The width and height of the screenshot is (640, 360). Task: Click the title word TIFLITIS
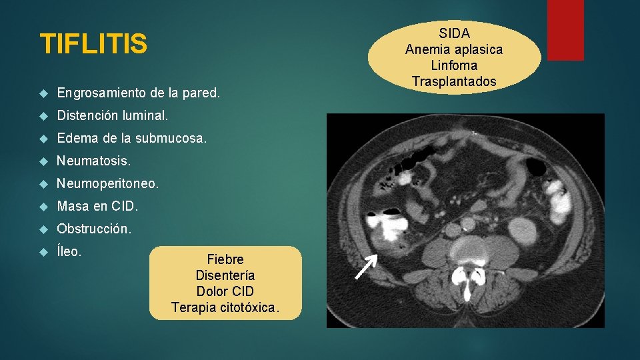93,45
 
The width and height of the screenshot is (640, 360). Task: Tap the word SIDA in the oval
454,33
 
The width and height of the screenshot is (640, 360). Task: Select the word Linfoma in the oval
454,65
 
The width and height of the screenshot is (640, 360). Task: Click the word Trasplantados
454,81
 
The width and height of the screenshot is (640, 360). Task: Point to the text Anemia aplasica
454,49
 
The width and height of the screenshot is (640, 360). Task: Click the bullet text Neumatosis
94,161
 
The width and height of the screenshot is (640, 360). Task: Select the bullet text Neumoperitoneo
108,183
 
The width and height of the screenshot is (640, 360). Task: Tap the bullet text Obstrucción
95,229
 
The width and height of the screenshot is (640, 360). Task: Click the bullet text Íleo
69,251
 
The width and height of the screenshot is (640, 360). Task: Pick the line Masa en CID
97,206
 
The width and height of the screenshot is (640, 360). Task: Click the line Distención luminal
113,115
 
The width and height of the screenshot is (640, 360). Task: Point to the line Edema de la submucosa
132,138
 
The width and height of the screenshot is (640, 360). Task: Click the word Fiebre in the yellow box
225,259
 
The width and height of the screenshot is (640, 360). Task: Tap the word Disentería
225,275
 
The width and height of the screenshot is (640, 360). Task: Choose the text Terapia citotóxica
225,307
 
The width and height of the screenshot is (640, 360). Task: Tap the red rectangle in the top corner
565,29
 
